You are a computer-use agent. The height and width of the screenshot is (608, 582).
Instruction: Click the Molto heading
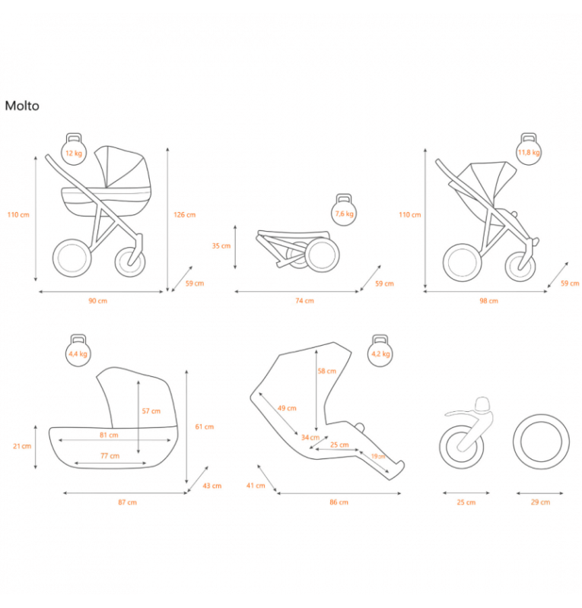click(x=22, y=106)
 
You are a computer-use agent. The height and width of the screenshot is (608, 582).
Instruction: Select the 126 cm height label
click(x=184, y=215)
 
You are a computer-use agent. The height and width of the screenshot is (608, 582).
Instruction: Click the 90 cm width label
click(x=98, y=301)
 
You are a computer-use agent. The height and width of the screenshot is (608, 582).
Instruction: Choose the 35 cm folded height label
click(x=221, y=246)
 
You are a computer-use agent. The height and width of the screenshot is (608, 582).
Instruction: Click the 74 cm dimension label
click(x=304, y=301)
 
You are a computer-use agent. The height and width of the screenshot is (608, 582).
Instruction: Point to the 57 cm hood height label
click(x=151, y=411)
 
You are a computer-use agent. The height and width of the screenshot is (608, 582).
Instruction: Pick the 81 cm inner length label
click(x=109, y=435)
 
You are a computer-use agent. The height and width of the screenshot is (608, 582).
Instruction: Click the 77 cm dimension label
click(x=110, y=456)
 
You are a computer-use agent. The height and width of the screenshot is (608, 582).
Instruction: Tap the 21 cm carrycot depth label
click(x=22, y=446)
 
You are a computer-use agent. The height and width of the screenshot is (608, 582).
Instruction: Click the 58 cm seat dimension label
click(x=326, y=371)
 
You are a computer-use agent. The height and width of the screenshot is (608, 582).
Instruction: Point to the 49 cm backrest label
click(x=286, y=408)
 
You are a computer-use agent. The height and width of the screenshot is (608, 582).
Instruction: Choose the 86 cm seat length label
click(x=339, y=502)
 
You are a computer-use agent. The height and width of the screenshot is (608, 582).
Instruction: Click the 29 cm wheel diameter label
click(x=540, y=502)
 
